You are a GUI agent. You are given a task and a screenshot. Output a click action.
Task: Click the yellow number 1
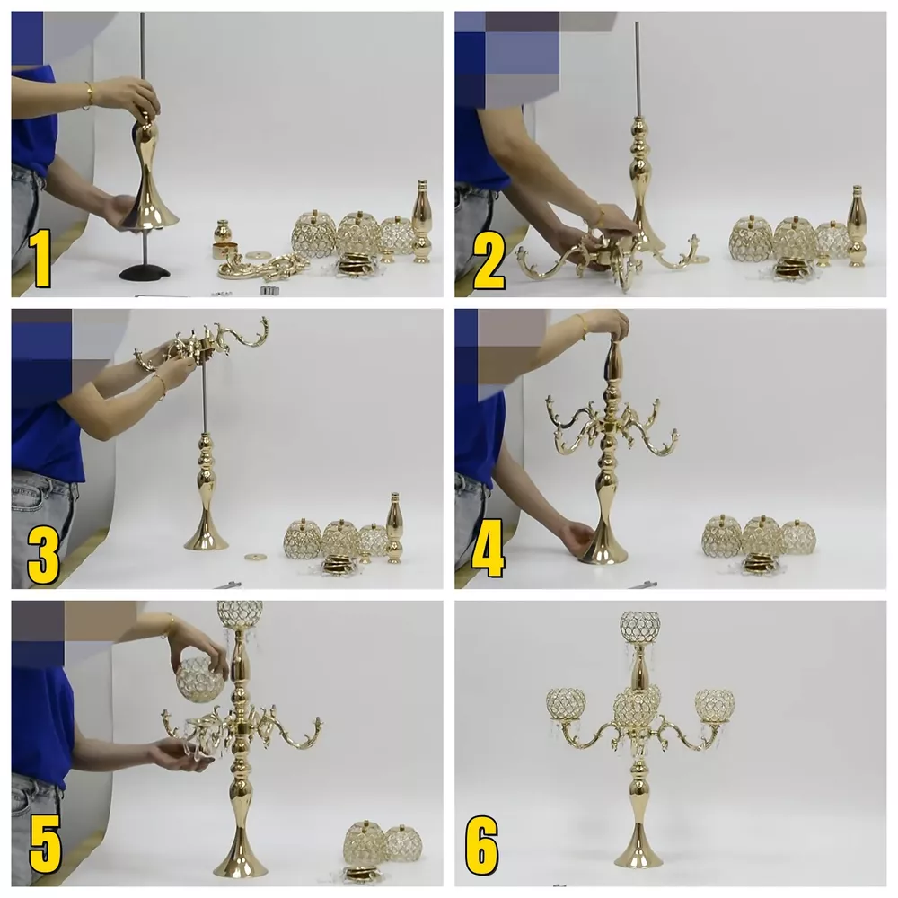click(40, 258)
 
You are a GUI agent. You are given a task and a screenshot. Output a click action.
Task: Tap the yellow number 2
click(489, 262)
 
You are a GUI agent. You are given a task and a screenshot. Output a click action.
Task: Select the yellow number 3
click(44, 557)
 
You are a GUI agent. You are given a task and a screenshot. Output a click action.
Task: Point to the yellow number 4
click(488, 548)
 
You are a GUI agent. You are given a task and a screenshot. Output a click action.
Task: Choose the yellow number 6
click(481, 843)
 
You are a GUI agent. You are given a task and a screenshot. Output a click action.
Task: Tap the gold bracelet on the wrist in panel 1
click(89, 95)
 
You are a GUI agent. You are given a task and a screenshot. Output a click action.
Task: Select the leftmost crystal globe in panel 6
click(565, 703)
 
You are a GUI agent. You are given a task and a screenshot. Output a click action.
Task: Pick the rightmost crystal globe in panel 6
click(715, 705)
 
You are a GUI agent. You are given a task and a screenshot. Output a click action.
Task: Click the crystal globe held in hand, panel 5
click(200, 680)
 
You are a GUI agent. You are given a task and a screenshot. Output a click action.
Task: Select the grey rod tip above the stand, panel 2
click(637, 25)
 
